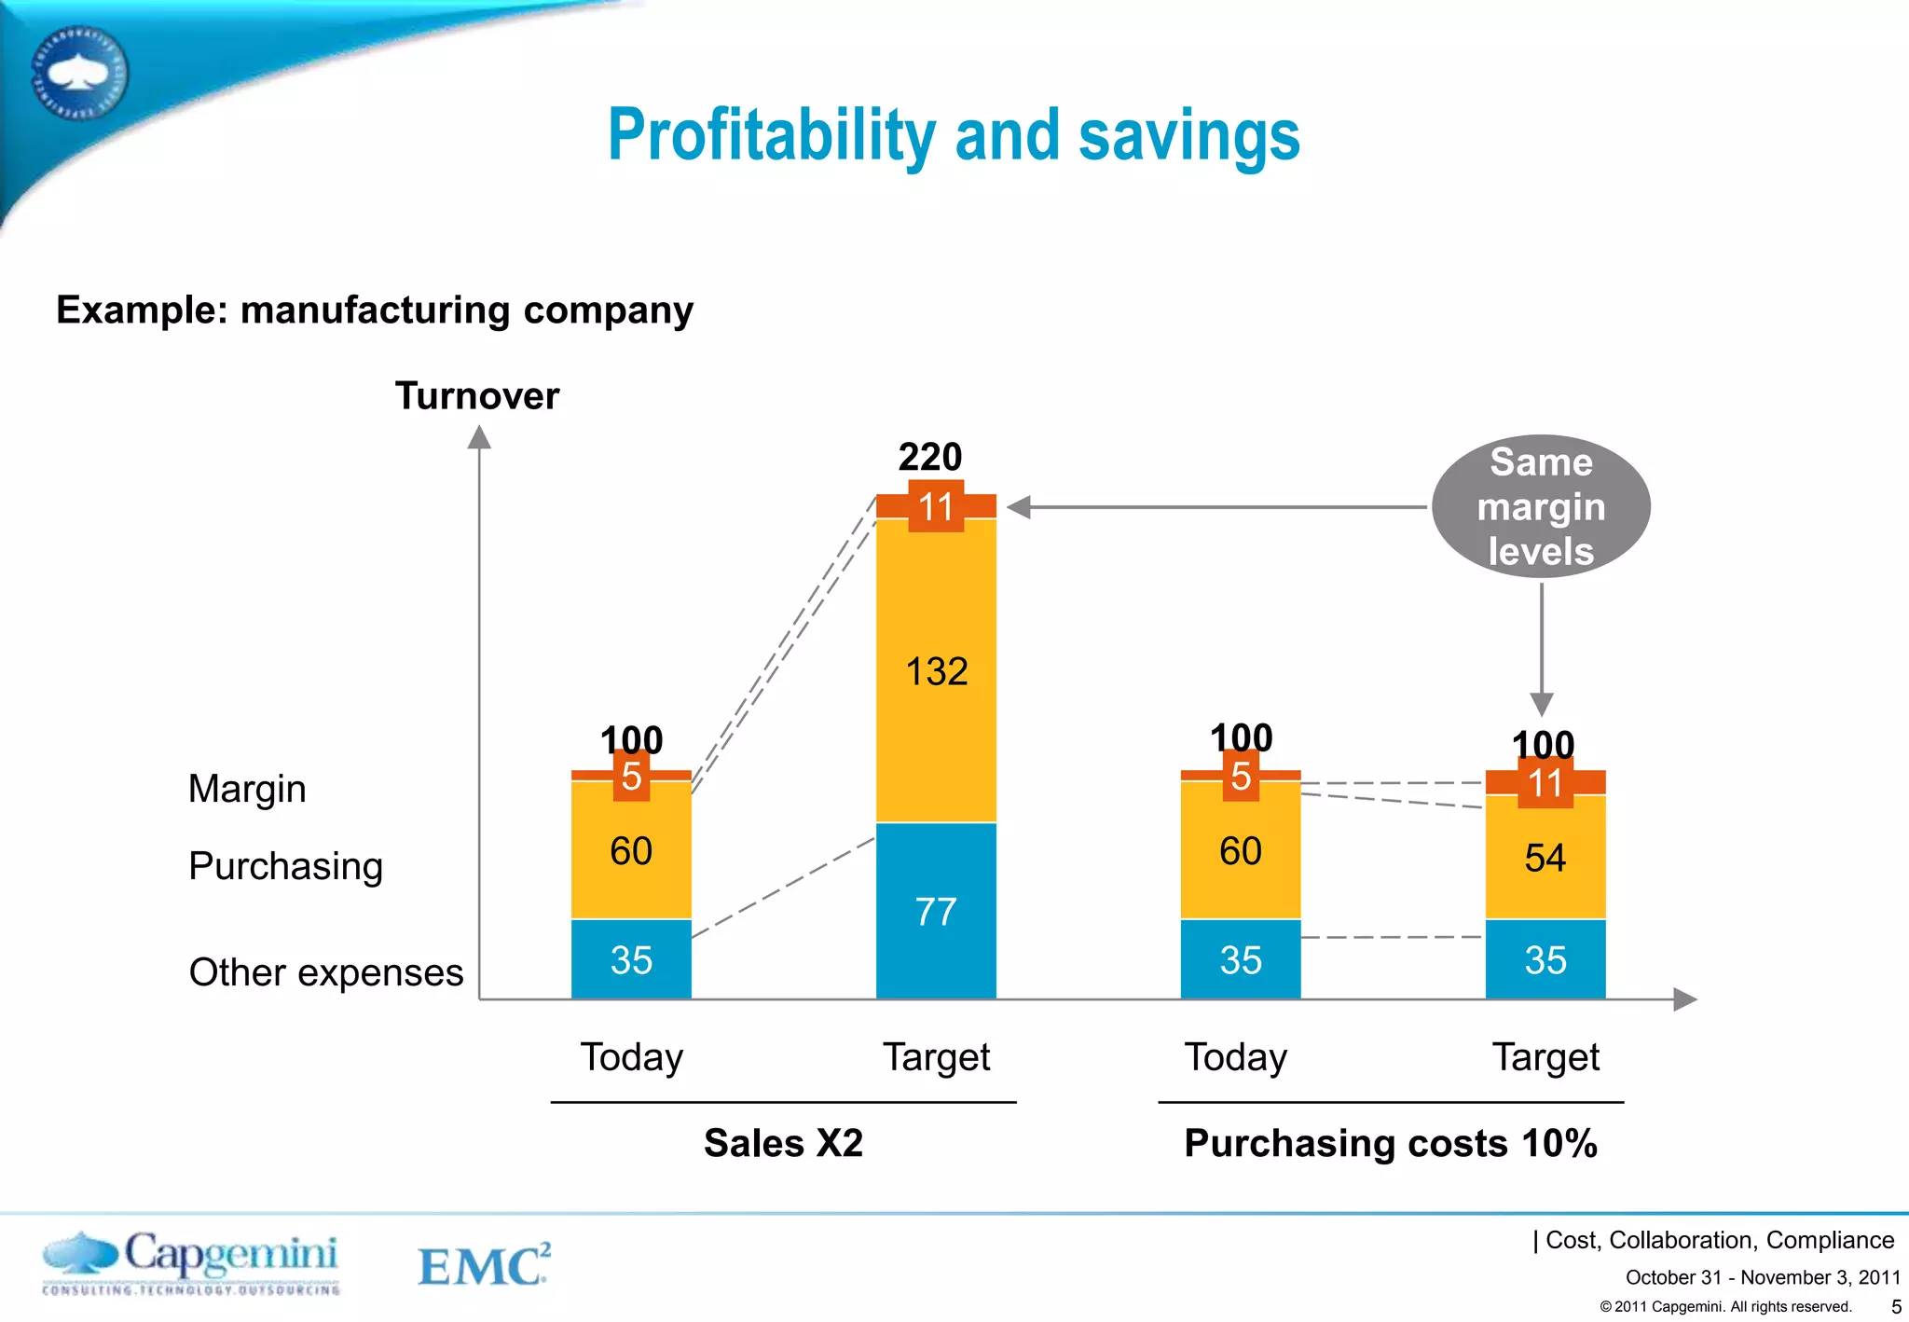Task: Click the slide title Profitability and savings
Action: coord(953,136)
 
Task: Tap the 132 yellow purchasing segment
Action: coord(936,671)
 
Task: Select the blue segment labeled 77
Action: coord(936,911)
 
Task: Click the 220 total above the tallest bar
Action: coord(930,457)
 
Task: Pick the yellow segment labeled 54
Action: coord(1545,858)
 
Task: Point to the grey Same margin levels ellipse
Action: coord(1541,506)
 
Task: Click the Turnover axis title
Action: coord(477,396)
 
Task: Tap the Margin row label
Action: coord(247,789)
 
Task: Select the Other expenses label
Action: coord(325,972)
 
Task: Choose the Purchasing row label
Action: coord(285,866)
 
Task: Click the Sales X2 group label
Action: coord(783,1143)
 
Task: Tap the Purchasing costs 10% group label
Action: coord(1391,1143)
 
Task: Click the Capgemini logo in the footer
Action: coord(191,1262)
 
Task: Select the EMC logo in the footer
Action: coord(483,1265)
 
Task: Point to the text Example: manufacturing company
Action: coord(375,310)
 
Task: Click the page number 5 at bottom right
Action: coord(1895,1307)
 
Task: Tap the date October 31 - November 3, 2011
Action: coord(1763,1277)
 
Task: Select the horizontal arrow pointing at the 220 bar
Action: coord(1212,507)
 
